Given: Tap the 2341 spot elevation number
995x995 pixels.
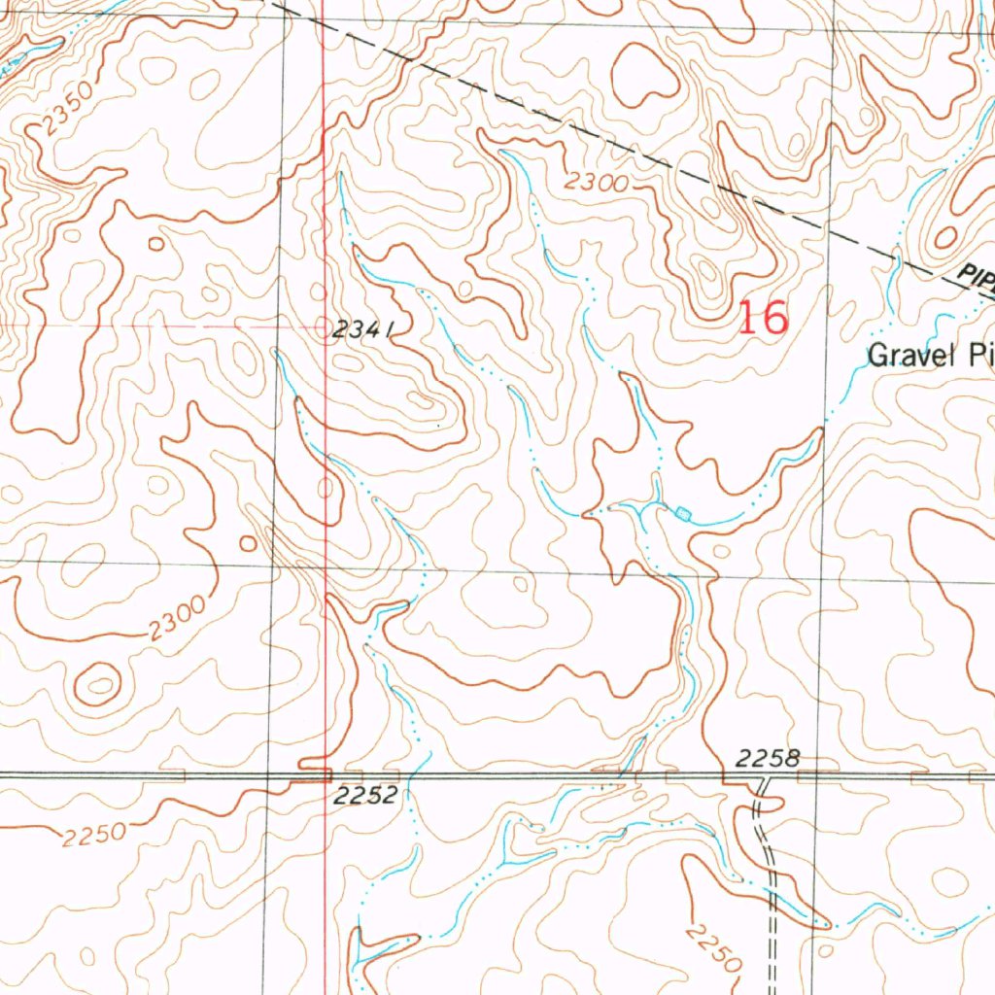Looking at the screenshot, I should pos(361,330).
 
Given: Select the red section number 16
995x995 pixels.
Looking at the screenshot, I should pos(763,318).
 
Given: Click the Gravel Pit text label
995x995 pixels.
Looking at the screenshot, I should pos(928,355).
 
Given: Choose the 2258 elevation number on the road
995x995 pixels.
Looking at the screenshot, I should pos(768,758).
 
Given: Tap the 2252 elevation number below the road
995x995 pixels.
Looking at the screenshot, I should pos(364,796).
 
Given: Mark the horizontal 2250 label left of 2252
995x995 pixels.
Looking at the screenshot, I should pos(94,834).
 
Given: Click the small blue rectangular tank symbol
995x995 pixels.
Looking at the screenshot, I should pos(683,512).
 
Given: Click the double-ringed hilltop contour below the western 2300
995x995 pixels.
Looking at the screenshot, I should pos(97,684).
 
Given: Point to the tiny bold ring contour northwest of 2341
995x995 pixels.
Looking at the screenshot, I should pos(155,243).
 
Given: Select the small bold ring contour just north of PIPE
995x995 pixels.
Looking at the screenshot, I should pos(944,237).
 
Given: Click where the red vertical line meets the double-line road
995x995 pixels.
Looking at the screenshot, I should pos(325,775).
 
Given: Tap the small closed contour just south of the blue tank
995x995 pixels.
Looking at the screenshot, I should pos(720,551).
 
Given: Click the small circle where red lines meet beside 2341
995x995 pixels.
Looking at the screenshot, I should pos(326,327).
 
